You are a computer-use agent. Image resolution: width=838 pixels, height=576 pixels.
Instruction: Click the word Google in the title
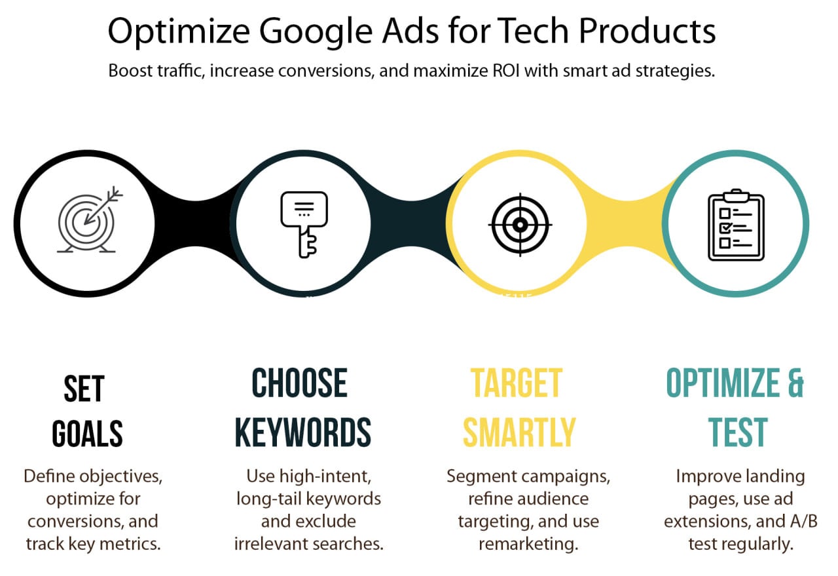click(x=316, y=32)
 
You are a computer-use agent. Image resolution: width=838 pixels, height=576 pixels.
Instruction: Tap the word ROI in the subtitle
click(x=506, y=70)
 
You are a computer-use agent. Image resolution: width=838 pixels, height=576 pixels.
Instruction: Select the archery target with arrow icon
click(x=90, y=220)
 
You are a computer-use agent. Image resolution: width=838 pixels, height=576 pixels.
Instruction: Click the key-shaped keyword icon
click(x=304, y=224)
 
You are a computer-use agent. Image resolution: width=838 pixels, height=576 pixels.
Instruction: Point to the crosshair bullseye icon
click(x=520, y=225)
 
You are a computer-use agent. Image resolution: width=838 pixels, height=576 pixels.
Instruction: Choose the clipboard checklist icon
click(x=737, y=225)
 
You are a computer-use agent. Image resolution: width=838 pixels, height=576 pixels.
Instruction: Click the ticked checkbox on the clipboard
click(x=726, y=227)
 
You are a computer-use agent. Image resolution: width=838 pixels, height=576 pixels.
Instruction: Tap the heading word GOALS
click(x=88, y=433)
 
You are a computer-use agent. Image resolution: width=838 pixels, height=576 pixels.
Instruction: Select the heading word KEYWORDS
click(x=303, y=432)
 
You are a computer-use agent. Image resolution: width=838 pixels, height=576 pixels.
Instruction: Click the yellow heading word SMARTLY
click(x=519, y=432)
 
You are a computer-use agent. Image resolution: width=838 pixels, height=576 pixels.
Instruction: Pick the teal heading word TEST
click(x=738, y=432)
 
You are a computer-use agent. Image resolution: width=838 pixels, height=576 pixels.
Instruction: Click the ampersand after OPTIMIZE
click(x=795, y=383)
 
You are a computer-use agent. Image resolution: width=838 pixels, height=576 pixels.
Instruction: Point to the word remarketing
click(x=528, y=544)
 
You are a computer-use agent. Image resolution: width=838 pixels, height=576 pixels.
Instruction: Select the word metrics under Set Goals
click(x=130, y=544)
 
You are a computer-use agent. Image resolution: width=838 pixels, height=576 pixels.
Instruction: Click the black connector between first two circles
click(x=195, y=223)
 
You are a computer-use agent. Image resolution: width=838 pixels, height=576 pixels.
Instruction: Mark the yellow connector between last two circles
click(x=628, y=223)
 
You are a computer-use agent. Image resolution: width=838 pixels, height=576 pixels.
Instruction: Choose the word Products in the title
click(x=647, y=31)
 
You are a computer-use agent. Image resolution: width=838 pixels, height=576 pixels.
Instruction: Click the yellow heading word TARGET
click(x=517, y=383)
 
